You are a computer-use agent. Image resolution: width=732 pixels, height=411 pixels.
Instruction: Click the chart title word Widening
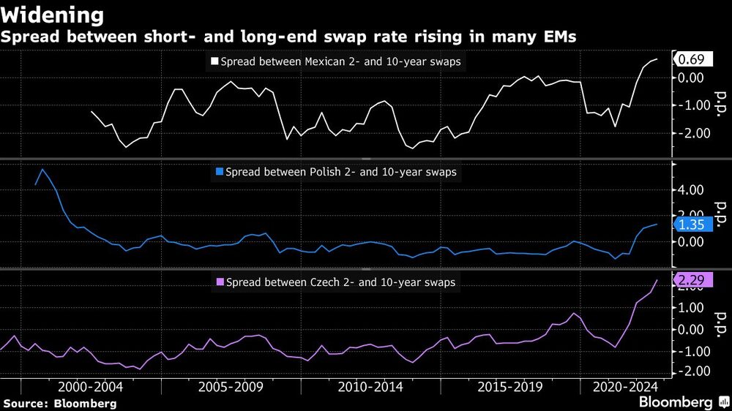point(52,15)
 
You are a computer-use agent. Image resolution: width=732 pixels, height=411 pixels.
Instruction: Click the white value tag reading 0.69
point(687,59)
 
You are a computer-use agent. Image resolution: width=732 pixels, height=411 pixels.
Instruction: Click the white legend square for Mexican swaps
point(215,62)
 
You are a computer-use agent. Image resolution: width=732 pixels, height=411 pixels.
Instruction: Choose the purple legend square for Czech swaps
point(220,282)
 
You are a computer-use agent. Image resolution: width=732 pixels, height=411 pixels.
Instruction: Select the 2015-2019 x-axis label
point(509,387)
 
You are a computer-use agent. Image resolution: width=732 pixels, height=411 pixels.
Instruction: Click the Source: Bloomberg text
point(59,403)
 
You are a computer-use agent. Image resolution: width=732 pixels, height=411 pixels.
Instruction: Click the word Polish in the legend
point(319,173)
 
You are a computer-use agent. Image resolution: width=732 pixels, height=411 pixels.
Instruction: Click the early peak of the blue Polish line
point(42,169)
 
